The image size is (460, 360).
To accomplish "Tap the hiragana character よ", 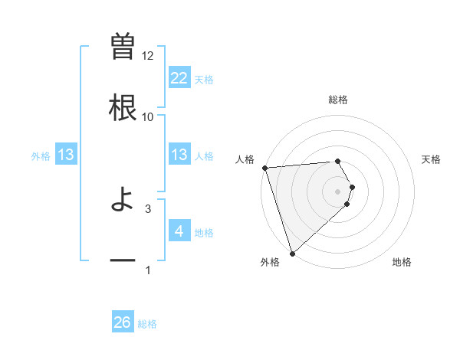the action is tap(123, 200).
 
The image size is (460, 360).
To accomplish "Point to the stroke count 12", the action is tap(148, 56).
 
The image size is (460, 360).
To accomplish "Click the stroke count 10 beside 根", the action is tap(148, 116).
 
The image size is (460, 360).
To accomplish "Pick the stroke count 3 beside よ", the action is tap(148, 208).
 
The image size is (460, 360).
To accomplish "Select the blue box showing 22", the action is tap(179, 78).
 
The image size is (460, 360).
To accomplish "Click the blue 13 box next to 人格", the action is tap(179, 155).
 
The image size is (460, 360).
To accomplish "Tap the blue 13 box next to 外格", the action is tap(66, 155).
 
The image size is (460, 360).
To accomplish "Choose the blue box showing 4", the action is tap(179, 231).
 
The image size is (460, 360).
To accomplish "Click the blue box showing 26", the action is tap(123, 322).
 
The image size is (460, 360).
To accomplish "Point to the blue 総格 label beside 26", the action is tap(147, 324).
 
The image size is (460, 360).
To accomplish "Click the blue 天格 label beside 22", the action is tap(204, 80).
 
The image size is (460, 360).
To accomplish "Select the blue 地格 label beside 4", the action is tap(204, 233).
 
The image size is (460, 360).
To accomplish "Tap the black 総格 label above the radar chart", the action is tap(338, 100).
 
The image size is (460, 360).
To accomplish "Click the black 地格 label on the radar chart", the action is tap(402, 263).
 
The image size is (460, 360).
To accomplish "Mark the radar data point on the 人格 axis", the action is tap(264, 168).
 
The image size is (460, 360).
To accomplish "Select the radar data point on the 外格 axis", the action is tap(291, 254).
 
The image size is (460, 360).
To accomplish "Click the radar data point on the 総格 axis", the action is tap(337, 161).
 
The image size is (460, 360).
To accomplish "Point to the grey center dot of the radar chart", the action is tap(338, 191).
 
